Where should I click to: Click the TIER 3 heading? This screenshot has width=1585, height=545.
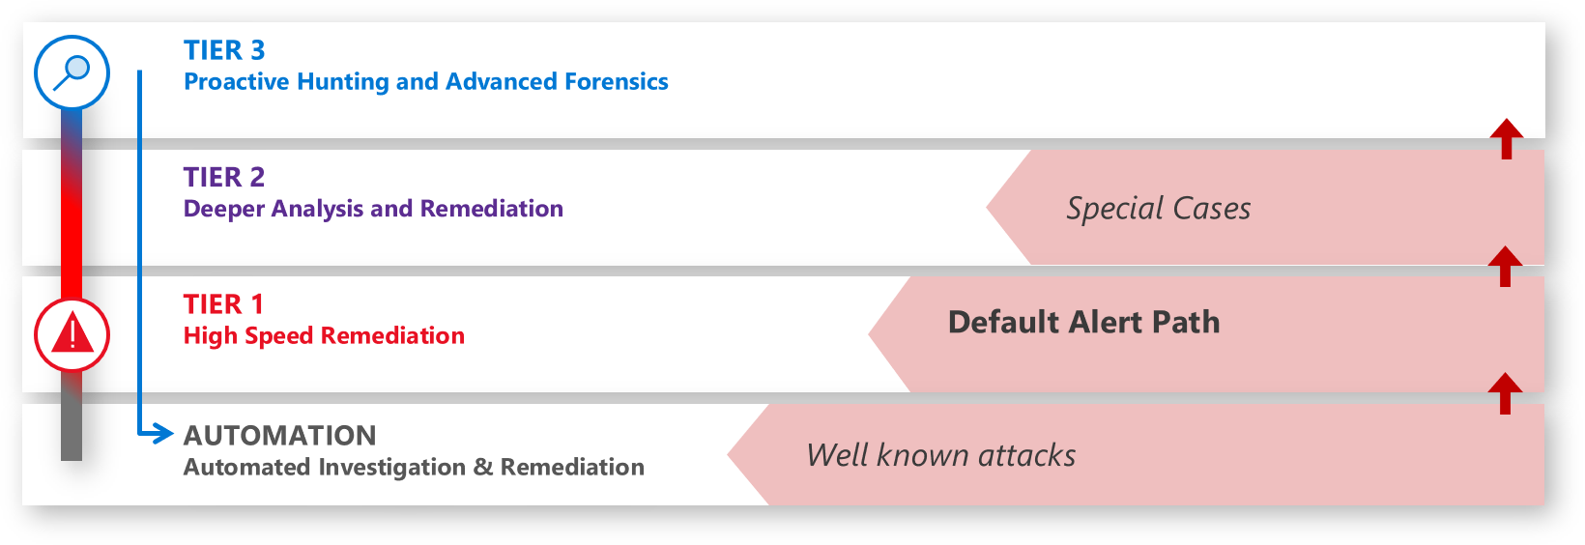(x=224, y=50)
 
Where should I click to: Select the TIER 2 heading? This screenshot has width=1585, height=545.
(x=224, y=177)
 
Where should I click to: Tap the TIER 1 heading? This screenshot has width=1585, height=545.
(x=223, y=304)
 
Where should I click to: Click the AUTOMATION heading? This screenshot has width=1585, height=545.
(x=280, y=436)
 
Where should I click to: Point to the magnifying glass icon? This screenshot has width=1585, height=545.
(x=72, y=72)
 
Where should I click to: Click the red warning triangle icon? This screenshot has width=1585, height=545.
(x=72, y=335)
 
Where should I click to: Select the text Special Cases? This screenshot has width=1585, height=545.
(x=1158, y=209)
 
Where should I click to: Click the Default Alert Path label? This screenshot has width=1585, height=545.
(x=1083, y=322)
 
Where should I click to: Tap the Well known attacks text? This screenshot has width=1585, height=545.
(x=940, y=455)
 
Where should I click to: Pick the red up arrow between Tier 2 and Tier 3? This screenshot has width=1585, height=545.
(x=1506, y=137)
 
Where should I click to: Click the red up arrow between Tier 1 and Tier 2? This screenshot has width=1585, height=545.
(x=1505, y=265)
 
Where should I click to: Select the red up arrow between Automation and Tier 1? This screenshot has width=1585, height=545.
(x=1505, y=392)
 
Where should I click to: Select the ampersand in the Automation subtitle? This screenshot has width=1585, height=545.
(x=483, y=468)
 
